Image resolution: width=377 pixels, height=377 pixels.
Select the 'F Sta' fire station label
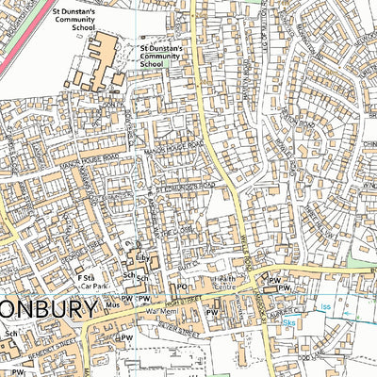point(87,278)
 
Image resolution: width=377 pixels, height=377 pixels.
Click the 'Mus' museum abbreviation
point(113,305)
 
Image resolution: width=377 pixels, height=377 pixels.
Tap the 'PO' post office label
point(182,286)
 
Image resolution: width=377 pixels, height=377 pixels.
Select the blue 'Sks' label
point(288,322)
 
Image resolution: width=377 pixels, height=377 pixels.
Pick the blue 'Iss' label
point(326,306)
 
